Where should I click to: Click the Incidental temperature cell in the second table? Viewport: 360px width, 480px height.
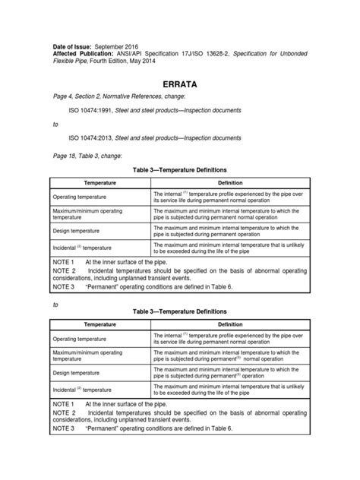[82, 389]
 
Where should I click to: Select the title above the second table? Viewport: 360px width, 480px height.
[180, 311]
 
